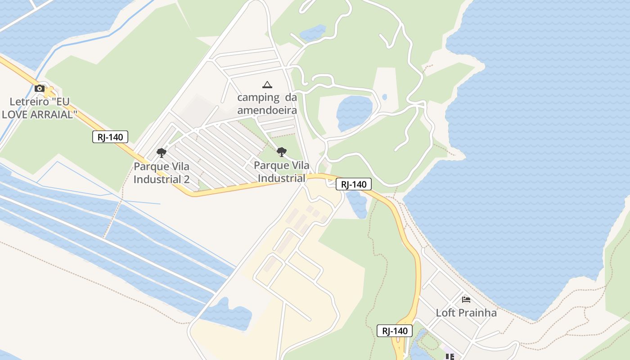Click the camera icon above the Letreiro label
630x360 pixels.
coord(40,88)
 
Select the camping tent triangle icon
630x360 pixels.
coord(267,85)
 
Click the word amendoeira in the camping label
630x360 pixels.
coord(267,111)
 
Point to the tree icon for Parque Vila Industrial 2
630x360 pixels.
coord(162,153)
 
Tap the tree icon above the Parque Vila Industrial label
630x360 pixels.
coord(282,152)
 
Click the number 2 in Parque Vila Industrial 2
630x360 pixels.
coord(186,180)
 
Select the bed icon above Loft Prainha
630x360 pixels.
coord(466,299)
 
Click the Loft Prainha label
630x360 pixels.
coord(466,313)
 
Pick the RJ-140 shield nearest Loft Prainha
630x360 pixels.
coord(395,331)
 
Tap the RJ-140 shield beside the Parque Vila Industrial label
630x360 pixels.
coord(354,184)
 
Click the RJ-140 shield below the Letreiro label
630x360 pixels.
coord(110,137)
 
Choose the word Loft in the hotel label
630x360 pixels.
coord(445,313)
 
